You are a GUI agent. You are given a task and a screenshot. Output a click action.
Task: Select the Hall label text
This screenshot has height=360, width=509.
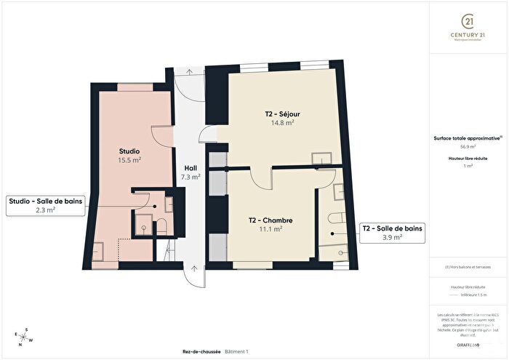[191, 167]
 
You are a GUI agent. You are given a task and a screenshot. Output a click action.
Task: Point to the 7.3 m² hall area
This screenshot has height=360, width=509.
[191, 176]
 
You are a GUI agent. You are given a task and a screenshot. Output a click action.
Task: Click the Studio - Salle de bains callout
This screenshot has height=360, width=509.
[45, 204]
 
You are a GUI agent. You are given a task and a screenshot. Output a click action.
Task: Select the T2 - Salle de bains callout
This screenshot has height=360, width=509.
[392, 233]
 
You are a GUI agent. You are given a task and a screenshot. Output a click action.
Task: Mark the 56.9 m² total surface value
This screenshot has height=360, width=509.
[468, 145]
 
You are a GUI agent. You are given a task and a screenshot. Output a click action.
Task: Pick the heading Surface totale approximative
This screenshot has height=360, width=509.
[467, 137]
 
